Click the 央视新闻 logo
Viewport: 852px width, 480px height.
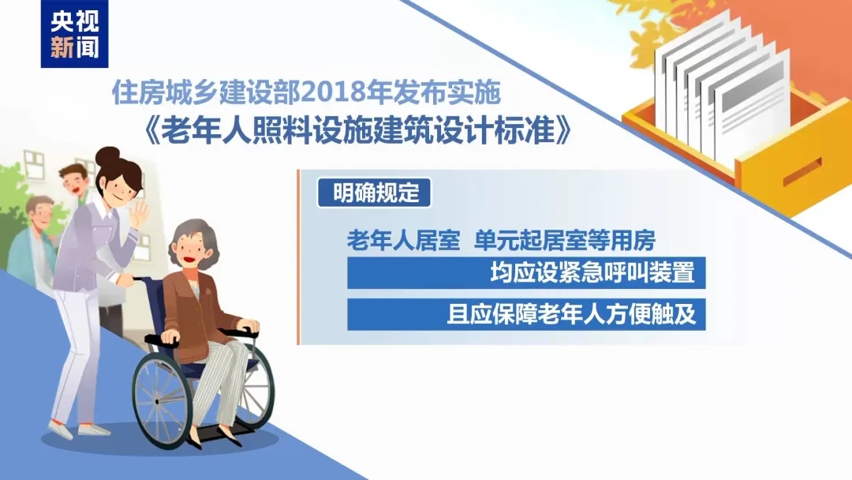point(74,35)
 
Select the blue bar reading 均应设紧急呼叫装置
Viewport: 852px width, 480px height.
point(525,273)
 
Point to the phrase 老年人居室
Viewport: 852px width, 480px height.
point(403,240)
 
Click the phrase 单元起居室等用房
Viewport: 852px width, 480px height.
point(565,240)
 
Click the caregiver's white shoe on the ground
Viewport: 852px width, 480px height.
point(93,431)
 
